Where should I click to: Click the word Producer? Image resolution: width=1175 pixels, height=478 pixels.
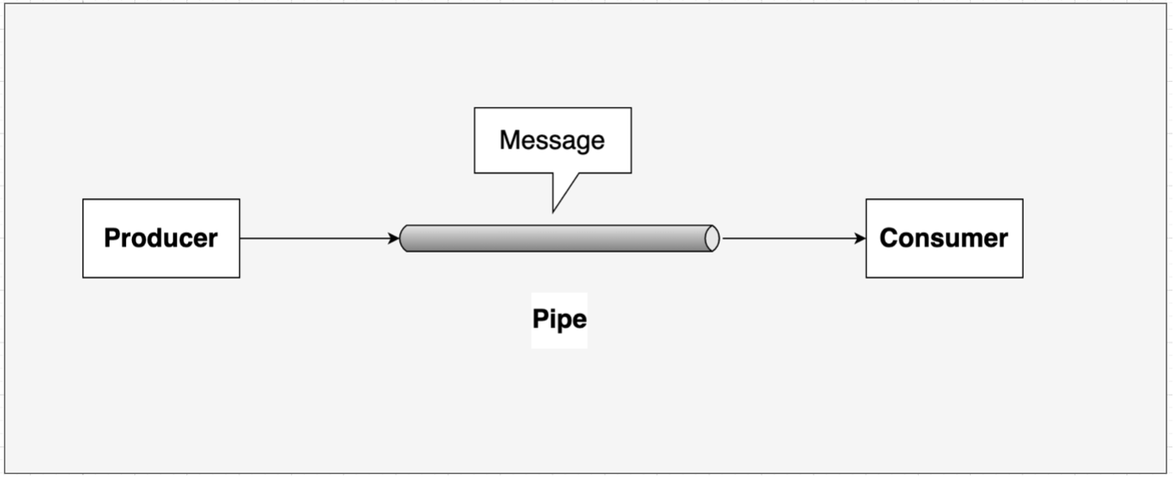(x=161, y=238)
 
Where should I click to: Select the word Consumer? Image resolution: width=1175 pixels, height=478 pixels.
(x=944, y=238)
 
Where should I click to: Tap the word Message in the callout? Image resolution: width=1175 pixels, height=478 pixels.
(x=551, y=139)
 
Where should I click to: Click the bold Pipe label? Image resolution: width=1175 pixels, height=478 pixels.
(x=559, y=320)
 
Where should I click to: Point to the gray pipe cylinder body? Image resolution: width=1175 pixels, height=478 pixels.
(x=553, y=239)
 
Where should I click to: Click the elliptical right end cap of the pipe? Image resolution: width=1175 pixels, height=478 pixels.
(x=712, y=239)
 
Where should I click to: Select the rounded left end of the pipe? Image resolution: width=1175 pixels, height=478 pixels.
(x=405, y=239)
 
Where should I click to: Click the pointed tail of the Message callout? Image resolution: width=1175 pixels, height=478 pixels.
(x=554, y=208)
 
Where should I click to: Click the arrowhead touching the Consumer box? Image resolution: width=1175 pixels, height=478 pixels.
(x=860, y=239)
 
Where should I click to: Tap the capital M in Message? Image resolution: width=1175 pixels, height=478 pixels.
(x=509, y=139)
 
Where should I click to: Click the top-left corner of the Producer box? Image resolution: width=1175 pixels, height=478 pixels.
(x=83, y=200)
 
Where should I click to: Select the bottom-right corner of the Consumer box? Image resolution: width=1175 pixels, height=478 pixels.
(x=1022, y=277)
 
